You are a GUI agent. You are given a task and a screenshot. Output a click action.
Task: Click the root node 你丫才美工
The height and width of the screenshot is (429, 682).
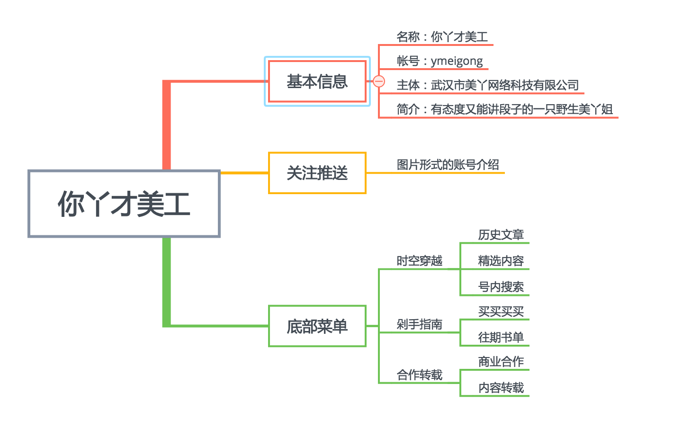pos(124,204)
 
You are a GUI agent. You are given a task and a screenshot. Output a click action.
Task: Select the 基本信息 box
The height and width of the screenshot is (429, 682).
pos(317,81)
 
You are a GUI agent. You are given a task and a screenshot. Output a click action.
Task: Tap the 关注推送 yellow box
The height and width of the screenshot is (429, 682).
pos(317,173)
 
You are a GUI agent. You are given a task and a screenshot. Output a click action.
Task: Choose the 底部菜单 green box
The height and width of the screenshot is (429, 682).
pos(317,326)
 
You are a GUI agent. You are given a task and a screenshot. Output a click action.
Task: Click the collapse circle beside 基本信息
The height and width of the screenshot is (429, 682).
pos(379,81)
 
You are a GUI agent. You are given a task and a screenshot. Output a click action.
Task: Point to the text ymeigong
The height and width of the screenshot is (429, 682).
pos(457,61)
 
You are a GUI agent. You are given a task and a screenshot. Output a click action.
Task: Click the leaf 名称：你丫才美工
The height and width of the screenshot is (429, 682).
pos(442,37)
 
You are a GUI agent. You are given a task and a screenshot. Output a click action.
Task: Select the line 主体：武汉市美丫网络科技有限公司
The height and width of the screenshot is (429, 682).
pos(487,85)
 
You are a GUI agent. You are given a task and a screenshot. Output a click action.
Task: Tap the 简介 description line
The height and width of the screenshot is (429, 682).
pos(504,109)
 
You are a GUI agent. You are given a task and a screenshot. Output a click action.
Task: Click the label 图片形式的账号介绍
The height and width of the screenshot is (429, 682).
pos(448,165)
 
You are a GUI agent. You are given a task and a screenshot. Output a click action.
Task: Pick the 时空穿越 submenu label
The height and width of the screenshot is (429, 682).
pos(419,261)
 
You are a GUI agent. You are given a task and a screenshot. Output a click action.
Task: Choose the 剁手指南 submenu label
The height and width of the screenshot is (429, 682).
pos(419,324)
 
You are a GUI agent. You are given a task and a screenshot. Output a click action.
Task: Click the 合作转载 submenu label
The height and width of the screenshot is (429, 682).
pos(419,375)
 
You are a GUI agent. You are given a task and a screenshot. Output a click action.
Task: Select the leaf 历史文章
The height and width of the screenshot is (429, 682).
pos(501,235)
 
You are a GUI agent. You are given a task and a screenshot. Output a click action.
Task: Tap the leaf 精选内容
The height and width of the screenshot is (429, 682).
pos(501,261)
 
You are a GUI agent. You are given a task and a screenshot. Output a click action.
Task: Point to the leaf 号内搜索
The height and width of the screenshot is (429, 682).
pos(501,287)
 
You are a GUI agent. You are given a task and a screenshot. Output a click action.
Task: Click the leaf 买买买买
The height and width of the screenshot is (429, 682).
pos(501,312)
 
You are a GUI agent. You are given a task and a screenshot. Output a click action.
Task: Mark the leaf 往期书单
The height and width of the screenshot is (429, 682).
pos(501,338)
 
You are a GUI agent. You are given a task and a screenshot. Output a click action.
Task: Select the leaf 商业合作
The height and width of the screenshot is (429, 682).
pos(501,362)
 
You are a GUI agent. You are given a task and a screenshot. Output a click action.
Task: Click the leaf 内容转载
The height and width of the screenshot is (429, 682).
pos(501,388)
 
